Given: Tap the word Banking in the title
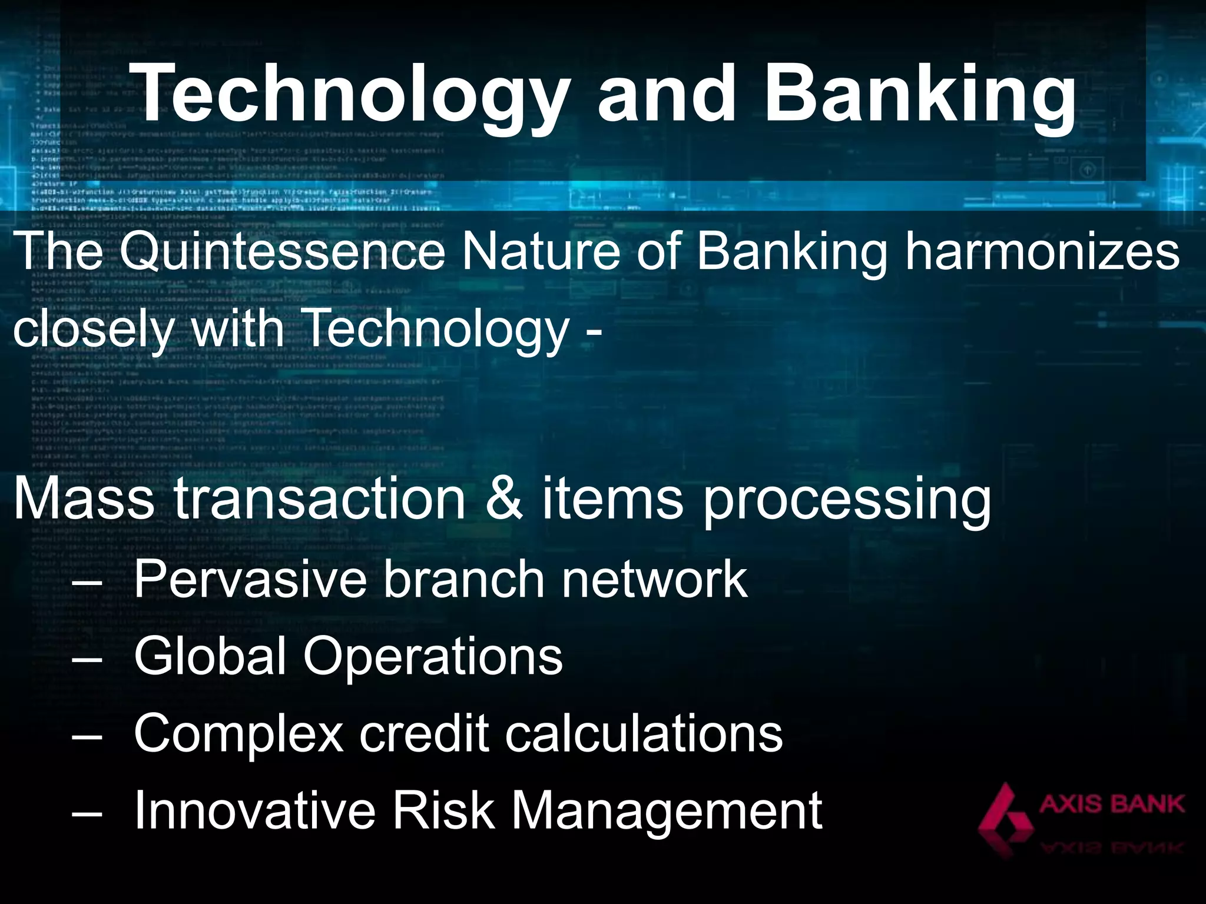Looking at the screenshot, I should (x=919, y=94).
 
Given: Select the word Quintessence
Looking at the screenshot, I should (x=281, y=252).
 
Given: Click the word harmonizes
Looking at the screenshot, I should (x=1042, y=252).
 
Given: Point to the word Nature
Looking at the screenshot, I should (x=541, y=252).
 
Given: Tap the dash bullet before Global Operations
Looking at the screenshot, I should (x=87, y=658).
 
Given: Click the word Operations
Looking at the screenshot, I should (x=433, y=658).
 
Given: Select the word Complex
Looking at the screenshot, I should (x=238, y=734).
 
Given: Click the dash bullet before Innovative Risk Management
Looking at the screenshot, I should (x=87, y=813).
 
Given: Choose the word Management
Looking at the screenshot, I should (x=666, y=813).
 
